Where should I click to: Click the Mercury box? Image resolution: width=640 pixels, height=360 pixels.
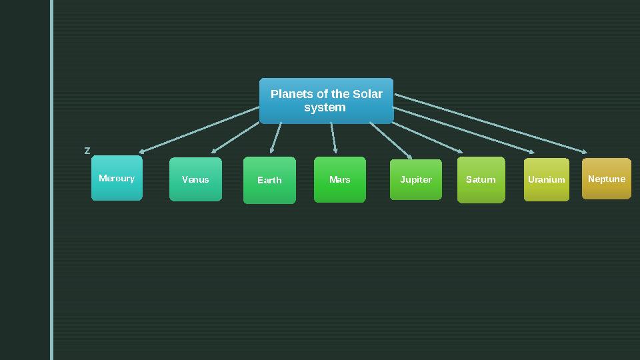pyautogui.click(x=117, y=178)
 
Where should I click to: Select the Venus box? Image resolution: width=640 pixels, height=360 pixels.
pyautogui.click(x=195, y=179)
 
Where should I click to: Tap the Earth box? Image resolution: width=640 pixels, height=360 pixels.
pyautogui.click(x=269, y=180)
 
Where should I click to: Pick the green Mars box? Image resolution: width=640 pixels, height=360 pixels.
pyautogui.click(x=340, y=179)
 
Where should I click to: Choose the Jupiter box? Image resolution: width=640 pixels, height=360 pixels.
pyautogui.click(x=416, y=179)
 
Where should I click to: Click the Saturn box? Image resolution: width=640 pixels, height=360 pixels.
pyautogui.click(x=481, y=180)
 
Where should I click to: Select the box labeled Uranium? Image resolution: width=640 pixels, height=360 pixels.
pyautogui.click(x=547, y=179)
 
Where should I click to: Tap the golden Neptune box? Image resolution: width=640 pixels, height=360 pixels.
pyautogui.click(x=607, y=179)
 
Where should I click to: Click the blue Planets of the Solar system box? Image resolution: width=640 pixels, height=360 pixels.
pyautogui.click(x=326, y=101)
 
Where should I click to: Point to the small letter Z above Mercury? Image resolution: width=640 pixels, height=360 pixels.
pyautogui.click(x=87, y=151)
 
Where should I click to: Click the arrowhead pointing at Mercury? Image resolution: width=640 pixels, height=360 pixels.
pyautogui.click(x=142, y=152)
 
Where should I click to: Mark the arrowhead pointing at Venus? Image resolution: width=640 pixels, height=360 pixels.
pyautogui.click(x=214, y=151)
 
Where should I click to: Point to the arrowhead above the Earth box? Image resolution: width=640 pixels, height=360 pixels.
pyautogui.click(x=271, y=151)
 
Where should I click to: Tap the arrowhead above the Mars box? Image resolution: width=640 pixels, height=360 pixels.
pyautogui.click(x=335, y=151)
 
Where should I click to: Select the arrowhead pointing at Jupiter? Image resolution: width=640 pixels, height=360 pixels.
pyautogui.click(x=410, y=157)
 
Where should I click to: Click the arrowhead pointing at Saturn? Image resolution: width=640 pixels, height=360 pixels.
pyautogui.click(x=460, y=151)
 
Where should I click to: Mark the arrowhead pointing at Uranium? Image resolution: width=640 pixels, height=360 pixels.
pyautogui.click(x=531, y=153)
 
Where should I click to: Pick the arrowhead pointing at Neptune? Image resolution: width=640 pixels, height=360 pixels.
pyautogui.click(x=585, y=152)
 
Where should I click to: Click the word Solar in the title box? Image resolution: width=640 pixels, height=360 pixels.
pyautogui.click(x=367, y=94)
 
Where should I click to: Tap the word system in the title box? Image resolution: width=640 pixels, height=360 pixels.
pyautogui.click(x=325, y=107)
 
